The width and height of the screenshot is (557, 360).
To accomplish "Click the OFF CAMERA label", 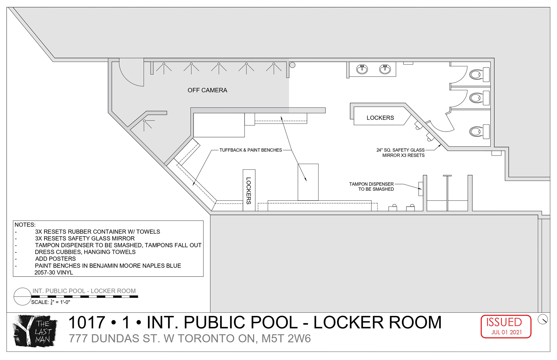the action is click(207, 90).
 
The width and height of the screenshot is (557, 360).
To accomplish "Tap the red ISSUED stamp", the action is click(506, 326).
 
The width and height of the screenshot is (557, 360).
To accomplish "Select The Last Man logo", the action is click(35, 331).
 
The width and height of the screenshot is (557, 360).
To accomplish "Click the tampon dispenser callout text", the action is click(371, 187).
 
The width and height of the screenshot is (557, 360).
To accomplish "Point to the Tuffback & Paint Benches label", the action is click(251, 150).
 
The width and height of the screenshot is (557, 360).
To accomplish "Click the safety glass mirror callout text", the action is click(400, 153).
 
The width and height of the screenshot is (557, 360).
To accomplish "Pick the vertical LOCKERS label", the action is click(249, 190).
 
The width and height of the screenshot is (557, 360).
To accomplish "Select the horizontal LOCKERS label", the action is click(380, 118).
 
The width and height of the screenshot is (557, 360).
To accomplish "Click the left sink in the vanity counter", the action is click(362, 69).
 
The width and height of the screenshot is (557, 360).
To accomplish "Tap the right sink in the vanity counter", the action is click(385, 69).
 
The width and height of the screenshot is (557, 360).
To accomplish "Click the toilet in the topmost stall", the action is click(479, 74).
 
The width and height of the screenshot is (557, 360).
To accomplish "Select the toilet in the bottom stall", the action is click(479, 132).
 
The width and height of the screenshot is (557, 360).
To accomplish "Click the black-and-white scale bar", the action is click(85, 297).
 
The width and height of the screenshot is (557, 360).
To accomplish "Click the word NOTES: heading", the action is click(25, 225).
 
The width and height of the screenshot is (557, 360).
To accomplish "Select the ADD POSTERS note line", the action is click(55, 259).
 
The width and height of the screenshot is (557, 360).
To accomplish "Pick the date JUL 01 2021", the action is click(507, 332).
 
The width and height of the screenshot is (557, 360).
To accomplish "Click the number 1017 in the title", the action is click(87, 322).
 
